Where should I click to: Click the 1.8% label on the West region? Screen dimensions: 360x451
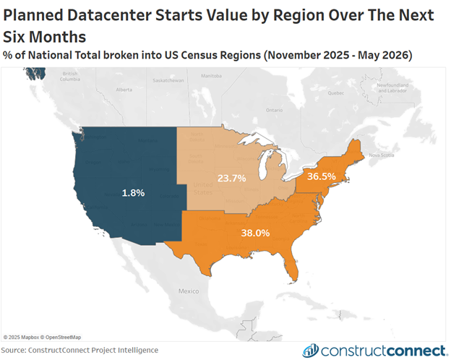click(133, 193)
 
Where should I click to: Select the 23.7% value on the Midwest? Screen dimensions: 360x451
click(232, 178)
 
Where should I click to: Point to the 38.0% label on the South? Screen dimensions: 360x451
click(255, 233)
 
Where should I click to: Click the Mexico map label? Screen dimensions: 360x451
click(187, 291)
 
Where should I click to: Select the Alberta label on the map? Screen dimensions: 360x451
click(124, 90)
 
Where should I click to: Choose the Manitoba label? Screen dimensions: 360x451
click(210, 75)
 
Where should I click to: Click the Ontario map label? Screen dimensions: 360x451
click(273, 110)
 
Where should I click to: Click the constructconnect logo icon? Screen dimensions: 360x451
click(310, 351)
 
